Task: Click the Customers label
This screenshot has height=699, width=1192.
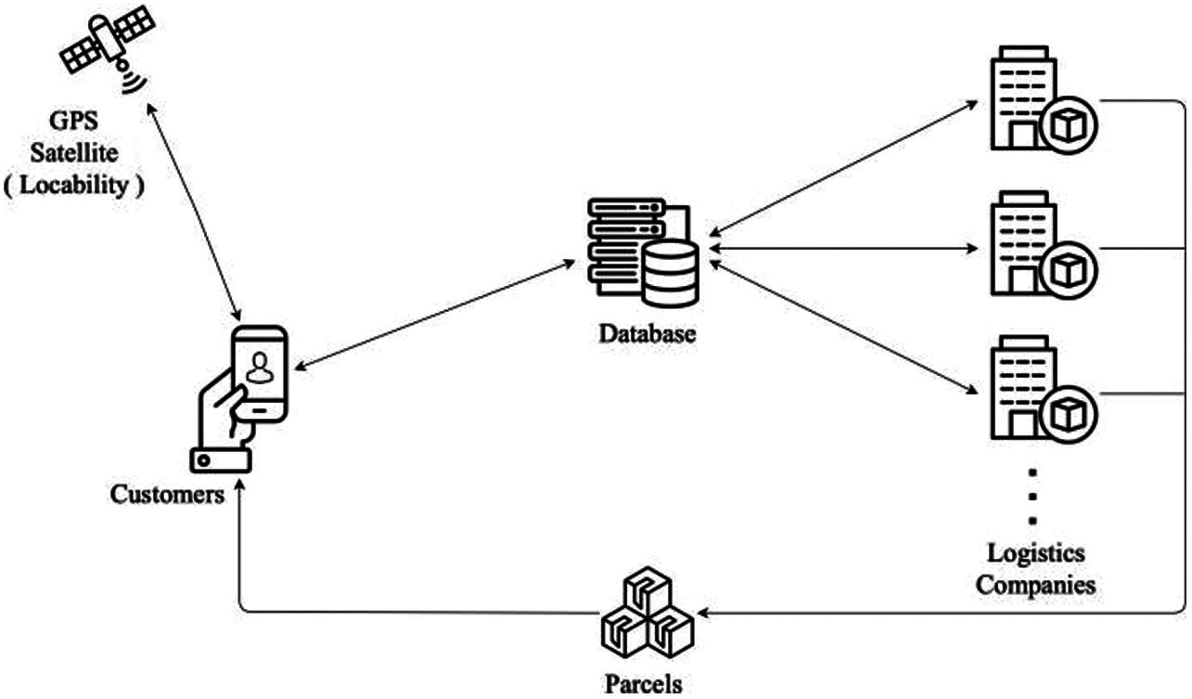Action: [167, 495]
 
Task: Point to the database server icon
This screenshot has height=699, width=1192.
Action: [641, 252]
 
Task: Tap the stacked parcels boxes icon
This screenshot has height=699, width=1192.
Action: [646, 614]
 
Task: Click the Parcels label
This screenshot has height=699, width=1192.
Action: [643, 685]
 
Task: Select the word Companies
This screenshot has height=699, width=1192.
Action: [1038, 585]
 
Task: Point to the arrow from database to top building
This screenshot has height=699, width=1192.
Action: [843, 164]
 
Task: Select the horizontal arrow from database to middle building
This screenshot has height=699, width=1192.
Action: [843, 249]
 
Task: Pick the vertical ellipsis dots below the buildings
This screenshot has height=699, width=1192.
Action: [1034, 496]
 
